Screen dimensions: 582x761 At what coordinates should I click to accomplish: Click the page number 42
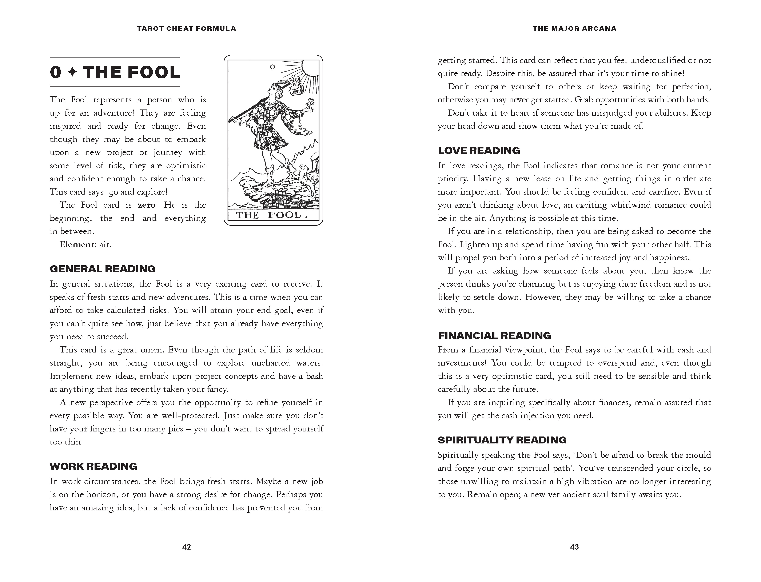[x=186, y=547]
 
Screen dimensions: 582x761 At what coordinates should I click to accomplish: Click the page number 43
[x=574, y=547]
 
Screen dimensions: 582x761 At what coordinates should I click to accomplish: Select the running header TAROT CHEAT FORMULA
[x=186, y=29]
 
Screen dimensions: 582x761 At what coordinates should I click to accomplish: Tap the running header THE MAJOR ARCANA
[x=574, y=29]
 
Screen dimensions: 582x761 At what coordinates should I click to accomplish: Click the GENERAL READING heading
[x=103, y=269]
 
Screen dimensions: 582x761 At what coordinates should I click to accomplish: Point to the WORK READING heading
[x=93, y=466]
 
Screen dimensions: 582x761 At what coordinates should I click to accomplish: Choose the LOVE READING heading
[x=479, y=150]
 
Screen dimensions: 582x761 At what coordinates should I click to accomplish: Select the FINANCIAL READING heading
[x=494, y=335]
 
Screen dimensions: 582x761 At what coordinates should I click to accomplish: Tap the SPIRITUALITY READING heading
[x=502, y=440]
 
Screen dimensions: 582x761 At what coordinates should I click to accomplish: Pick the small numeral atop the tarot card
[x=272, y=67]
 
